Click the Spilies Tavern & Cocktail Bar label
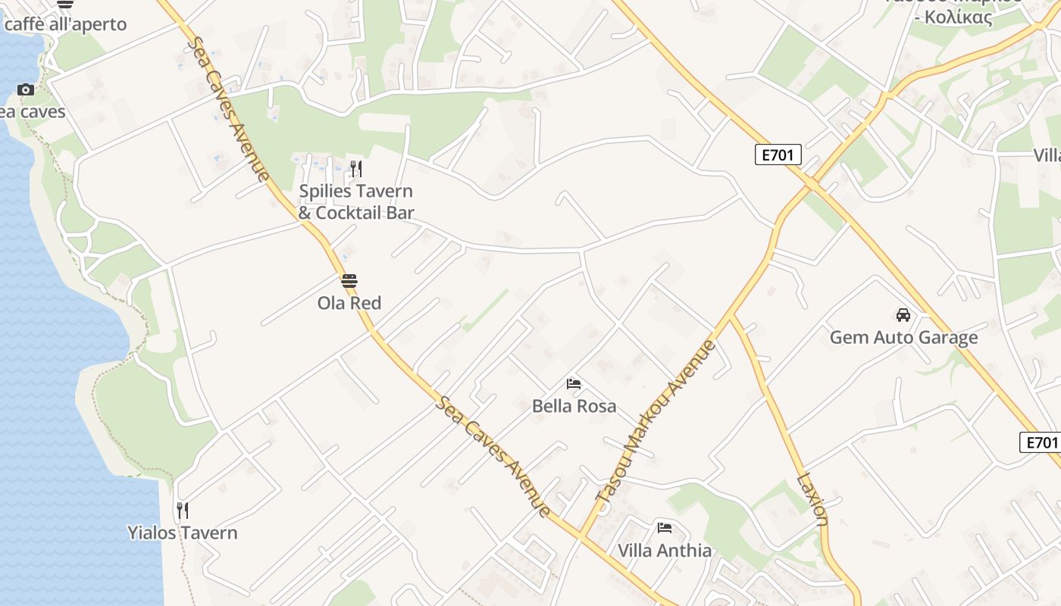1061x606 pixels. tap(356, 202)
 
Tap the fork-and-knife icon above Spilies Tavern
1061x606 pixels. tap(356, 168)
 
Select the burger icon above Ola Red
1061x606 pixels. tap(349, 281)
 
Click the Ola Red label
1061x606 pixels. tap(349, 303)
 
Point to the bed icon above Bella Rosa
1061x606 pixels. tap(574, 384)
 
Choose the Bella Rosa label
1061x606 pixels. tap(574, 406)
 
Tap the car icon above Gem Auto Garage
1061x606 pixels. tap(903, 315)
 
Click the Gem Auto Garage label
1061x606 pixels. tap(903, 337)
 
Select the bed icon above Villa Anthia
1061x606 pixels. tap(665, 528)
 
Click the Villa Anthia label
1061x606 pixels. tap(665, 551)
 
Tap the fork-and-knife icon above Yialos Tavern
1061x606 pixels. tap(182, 511)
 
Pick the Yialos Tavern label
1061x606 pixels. tap(182, 533)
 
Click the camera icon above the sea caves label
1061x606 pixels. tap(26, 89)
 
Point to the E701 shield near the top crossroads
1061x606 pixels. tap(778, 155)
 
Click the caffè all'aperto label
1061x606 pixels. tap(65, 24)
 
